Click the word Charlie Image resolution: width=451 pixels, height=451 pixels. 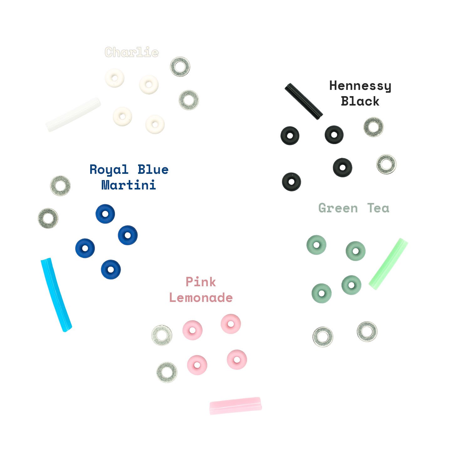(x=132, y=52)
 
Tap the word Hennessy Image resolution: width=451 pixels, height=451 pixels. (x=360, y=86)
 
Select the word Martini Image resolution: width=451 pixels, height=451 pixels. (x=129, y=185)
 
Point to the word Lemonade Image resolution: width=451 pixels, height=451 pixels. (x=201, y=298)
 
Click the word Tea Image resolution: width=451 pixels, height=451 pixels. (x=378, y=208)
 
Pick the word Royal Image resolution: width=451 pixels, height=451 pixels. (x=109, y=170)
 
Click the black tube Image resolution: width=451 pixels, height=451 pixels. (x=303, y=101)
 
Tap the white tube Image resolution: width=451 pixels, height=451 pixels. (x=73, y=115)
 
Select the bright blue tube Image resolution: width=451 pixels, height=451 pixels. (x=56, y=294)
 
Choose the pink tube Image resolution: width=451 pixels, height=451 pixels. (x=236, y=406)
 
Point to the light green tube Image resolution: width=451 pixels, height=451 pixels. (x=388, y=264)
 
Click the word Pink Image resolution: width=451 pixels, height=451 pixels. (x=201, y=282)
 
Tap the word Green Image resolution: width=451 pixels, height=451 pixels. (x=338, y=208)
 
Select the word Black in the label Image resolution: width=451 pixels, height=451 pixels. (x=360, y=101)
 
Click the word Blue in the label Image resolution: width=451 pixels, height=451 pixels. (x=153, y=170)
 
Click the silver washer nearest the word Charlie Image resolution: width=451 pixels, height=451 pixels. (x=180, y=66)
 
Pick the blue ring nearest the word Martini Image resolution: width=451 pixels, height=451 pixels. (x=105, y=214)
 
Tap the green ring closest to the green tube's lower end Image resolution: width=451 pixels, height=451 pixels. (x=351, y=285)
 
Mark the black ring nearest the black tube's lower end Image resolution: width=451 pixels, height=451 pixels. (x=334, y=135)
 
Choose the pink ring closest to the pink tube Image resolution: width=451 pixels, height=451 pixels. (x=237, y=360)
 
